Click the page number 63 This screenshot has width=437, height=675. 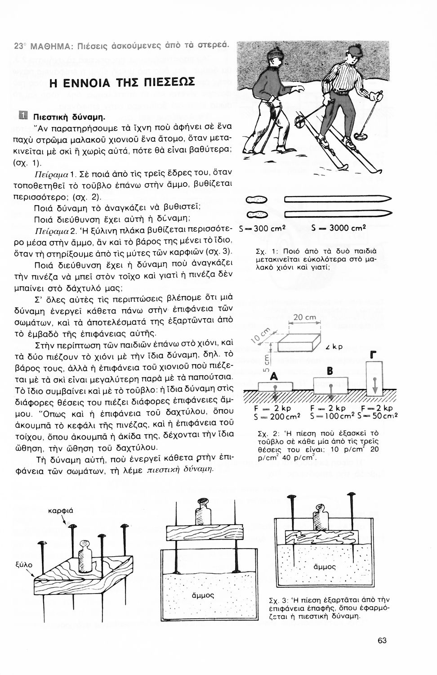click(382, 641)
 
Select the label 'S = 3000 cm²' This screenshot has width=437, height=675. click(339, 228)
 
